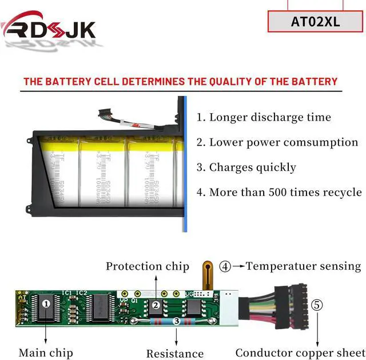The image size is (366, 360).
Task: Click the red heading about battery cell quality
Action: click(x=180, y=81)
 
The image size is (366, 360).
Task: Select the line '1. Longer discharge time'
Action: click(x=264, y=118)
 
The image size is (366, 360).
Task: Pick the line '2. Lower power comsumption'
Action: click(x=277, y=142)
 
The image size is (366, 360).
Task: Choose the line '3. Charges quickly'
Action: click(x=246, y=167)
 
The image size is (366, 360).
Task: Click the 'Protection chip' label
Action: click(x=148, y=266)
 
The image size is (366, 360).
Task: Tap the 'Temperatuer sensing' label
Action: click(x=304, y=266)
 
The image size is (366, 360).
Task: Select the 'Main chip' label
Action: click(x=46, y=353)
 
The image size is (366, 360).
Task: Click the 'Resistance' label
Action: click(x=175, y=354)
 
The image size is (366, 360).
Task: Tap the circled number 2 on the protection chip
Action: click(x=156, y=305)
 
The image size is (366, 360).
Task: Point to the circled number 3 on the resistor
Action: click(x=177, y=322)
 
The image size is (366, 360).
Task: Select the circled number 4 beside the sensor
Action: click(x=226, y=266)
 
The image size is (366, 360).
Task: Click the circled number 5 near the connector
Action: click(x=317, y=305)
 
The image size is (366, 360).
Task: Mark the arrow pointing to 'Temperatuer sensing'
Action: click(x=238, y=266)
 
